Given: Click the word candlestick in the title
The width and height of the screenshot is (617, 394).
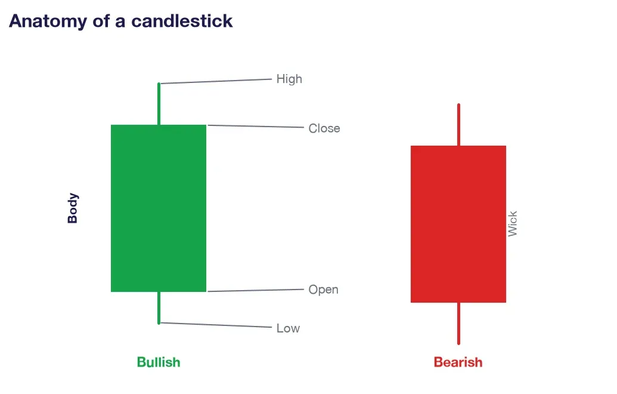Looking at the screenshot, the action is [x=182, y=21].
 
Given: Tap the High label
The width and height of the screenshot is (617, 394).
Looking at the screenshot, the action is [x=289, y=79].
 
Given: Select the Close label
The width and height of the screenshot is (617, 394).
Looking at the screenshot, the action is [x=324, y=128].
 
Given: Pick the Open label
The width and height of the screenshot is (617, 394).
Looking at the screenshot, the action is [x=324, y=290].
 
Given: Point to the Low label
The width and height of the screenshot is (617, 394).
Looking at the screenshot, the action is [x=288, y=328].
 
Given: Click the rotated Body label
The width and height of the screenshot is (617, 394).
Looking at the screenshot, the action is [x=73, y=208].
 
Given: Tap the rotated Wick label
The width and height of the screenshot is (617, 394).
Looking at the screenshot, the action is [x=512, y=224].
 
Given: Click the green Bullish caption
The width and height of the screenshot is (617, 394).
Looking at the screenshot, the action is [x=159, y=362].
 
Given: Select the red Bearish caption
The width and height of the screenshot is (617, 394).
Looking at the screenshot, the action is [x=458, y=362].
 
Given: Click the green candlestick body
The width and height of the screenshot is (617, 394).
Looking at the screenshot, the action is [x=159, y=208].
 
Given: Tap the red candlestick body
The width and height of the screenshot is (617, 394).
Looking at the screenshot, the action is [x=458, y=224].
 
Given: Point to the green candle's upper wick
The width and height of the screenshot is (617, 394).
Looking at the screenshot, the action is [x=159, y=104].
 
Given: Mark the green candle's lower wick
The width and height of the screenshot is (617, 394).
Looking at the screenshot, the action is [x=159, y=308].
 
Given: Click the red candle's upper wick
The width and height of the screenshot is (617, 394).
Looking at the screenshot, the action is [x=459, y=125].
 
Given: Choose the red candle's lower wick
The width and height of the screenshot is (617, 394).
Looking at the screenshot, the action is [x=459, y=324].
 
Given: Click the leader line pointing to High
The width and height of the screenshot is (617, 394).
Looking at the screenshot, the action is [x=216, y=81].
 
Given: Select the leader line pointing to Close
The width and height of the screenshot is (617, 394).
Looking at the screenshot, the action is [x=256, y=126].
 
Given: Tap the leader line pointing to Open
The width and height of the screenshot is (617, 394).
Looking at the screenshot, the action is [x=256, y=290].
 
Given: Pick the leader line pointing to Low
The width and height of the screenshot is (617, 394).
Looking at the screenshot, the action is [x=216, y=325].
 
